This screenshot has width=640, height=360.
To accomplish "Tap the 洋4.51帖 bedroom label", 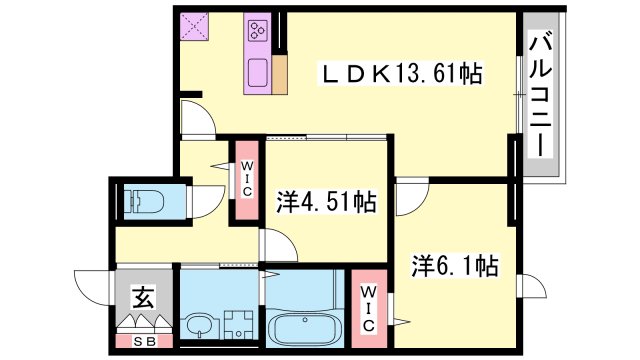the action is [326, 201].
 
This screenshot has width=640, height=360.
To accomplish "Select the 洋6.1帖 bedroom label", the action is [454, 265].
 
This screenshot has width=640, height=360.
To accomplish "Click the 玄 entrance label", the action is [144, 296].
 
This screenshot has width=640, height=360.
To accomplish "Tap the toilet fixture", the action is [144, 202].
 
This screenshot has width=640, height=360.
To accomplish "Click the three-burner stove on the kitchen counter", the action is [258, 30].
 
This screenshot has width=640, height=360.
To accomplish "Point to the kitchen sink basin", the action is [258, 73].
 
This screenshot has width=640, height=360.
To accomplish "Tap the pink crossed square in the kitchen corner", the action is [194, 26].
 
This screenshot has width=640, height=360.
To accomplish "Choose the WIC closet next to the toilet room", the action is [247, 180].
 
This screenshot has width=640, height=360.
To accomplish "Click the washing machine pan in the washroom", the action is [239, 324].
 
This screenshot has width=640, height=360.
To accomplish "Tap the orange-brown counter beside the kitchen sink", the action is [280, 74].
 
